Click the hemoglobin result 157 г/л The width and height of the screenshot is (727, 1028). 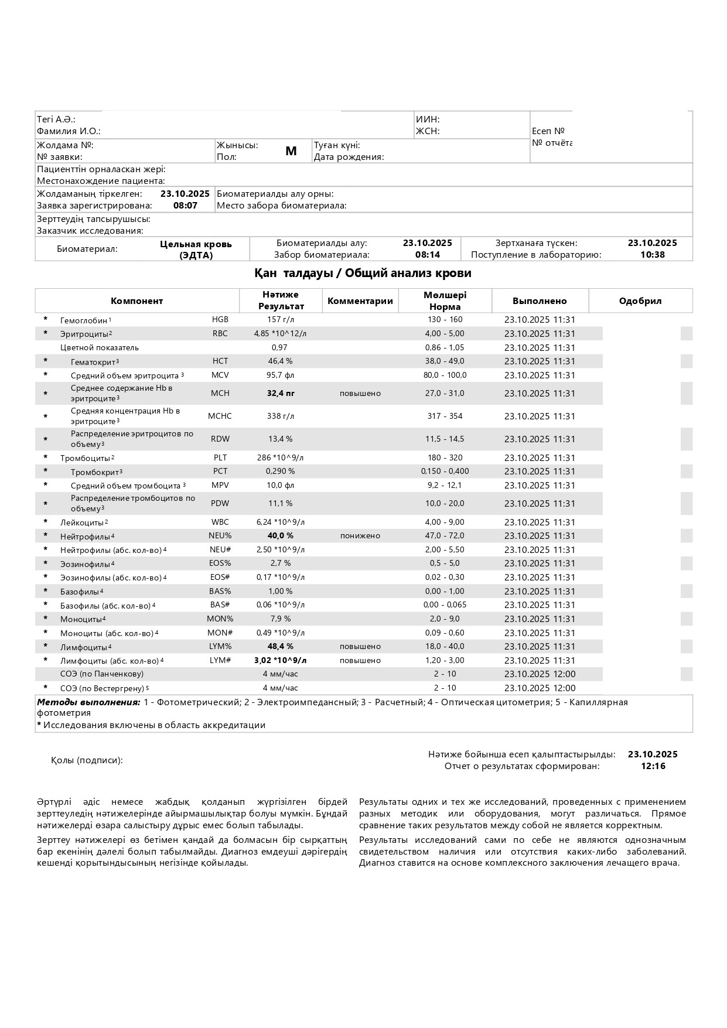click(x=281, y=320)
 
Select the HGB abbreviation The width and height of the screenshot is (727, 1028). click(x=220, y=320)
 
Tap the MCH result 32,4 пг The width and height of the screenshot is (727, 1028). click(x=281, y=394)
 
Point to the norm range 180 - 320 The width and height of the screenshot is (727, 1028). click(x=445, y=458)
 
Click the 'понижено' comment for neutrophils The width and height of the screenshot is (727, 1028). click(x=360, y=536)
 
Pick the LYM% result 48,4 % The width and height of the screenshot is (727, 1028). click(x=280, y=647)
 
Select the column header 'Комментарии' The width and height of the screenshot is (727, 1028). click(x=360, y=301)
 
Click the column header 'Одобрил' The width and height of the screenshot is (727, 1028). click(x=640, y=301)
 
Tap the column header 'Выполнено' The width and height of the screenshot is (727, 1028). click(x=540, y=301)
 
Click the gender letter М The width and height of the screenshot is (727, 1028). click(x=291, y=151)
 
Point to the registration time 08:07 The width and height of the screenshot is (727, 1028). click(x=185, y=206)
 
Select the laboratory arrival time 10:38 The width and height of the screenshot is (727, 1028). click(x=652, y=255)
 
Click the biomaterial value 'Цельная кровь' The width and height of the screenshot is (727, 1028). click(x=196, y=244)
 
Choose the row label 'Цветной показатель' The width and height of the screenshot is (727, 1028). click(x=100, y=348)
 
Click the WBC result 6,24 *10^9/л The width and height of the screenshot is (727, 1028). click(x=280, y=522)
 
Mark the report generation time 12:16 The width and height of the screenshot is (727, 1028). click(x=653, y=766)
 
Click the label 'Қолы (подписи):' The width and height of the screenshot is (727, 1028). click(x=87, y=760)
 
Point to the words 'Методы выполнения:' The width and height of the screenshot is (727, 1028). click(x=88, y=702)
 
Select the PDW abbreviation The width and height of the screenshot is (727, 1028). click(x=220, y=504)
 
